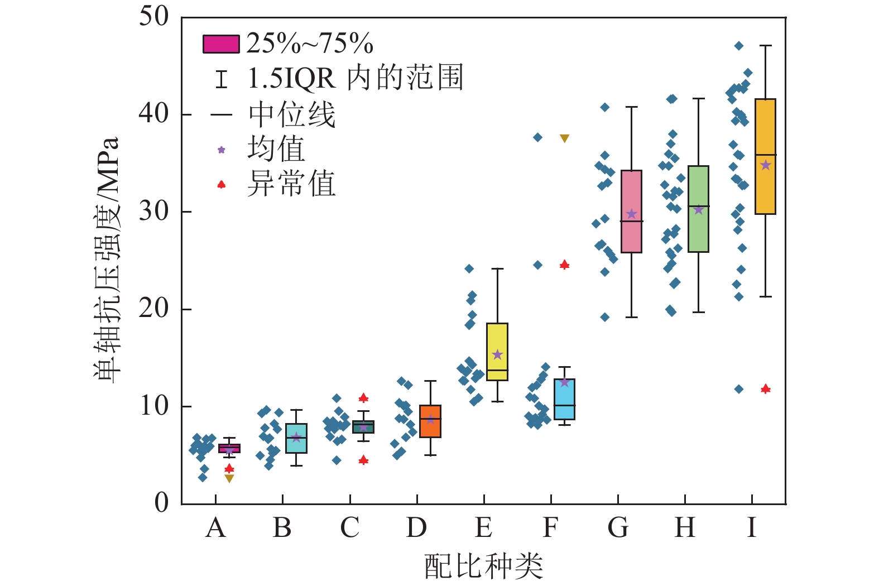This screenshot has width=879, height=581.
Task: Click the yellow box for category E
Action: click(x=497, y=352)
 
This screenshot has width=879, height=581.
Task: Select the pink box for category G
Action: click(x=631, y=212)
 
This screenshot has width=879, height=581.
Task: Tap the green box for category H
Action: click(x=698, y=209)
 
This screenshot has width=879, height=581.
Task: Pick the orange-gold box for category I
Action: click(x=765, y=156)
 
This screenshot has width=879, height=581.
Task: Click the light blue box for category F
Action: click(x=564, y=399)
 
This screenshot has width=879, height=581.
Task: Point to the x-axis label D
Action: click(x=416, y=527)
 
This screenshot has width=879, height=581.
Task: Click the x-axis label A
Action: click(x=215, y=527)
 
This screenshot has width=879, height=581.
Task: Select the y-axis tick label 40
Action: click(x=154, y=114)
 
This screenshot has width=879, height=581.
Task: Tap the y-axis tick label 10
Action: click(x=154, y=406)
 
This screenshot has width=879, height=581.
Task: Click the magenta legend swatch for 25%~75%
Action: click(x=221, y=44)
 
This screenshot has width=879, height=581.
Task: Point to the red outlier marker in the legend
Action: click(x=222, y=184)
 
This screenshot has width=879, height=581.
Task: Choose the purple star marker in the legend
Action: click(x=222, y=150)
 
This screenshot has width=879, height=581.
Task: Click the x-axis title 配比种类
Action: click(x=483, y=566)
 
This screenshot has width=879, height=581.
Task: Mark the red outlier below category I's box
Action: click(x=766, y=388)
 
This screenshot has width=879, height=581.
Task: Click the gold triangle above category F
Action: click(x=564, y=138)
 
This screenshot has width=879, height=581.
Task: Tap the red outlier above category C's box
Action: click(x=363, y=398)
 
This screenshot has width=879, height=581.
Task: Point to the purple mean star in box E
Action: click(x=497, y=355)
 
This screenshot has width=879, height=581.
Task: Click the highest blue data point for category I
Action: click(x=739, y=46)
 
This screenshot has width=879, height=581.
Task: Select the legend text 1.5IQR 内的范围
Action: click(x=355, y=79)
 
